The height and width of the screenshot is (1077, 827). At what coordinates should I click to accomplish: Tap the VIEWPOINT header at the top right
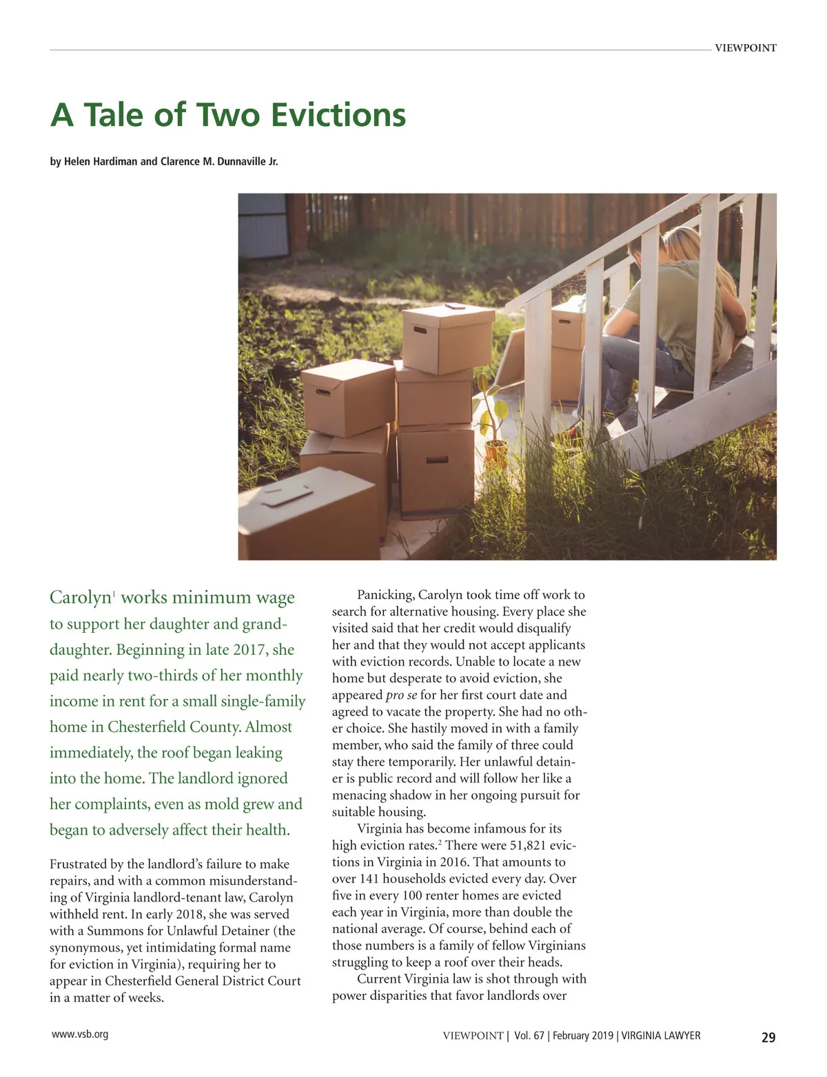[x=745, y=48]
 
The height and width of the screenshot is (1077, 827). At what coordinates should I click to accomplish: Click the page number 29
[x=768, y=1037]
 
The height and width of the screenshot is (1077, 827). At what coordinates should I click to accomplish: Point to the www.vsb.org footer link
[x=80, y=1034]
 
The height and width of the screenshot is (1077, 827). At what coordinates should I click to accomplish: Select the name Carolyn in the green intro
[x=80, y=598]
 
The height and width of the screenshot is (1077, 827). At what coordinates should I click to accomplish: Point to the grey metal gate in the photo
[x=263, y=225]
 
